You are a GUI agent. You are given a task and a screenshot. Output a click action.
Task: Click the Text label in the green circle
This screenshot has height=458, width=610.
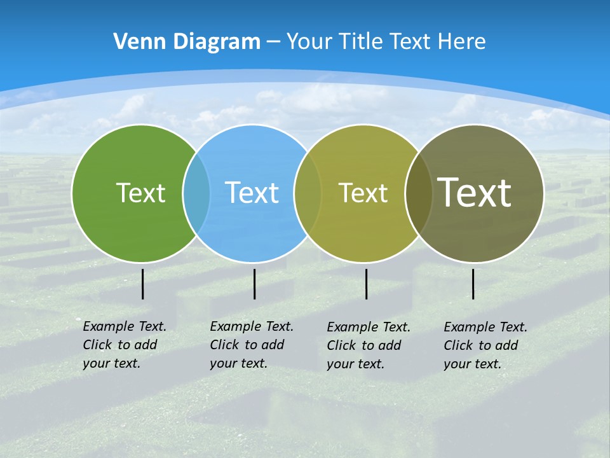pyautogui.click(x=140, y=193)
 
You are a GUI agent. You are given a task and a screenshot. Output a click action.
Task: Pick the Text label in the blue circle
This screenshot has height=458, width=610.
pyautogui.click(x=252, y=193)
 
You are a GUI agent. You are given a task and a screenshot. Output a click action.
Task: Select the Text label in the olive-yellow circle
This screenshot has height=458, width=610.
pyautogui.click(x=363, y=193)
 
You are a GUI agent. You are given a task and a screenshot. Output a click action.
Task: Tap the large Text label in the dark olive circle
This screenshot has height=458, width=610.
pyautogui.click(x=475, y=192)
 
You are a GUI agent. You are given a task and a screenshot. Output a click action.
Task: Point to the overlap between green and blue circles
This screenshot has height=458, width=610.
pyautogui.click(x=196, y=193)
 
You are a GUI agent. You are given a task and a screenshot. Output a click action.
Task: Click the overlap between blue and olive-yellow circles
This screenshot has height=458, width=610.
pyautogui.click(x=308, y=193)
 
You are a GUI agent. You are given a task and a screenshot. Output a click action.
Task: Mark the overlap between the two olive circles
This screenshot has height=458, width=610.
pyautogui.click(x=419, y=193)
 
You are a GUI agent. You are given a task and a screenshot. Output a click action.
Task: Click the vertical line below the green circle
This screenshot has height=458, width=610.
pyautogui.click(x=143, y=284)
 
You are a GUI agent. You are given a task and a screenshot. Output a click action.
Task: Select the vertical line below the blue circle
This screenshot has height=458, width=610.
pyautogui.click(x=254, y=284)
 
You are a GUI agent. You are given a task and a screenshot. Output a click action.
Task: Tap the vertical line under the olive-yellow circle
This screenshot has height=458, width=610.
pyautogui.click(x=367, y=284)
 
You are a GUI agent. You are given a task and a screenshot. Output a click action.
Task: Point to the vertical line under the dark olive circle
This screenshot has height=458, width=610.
pyautogui.click(x=473, y=284)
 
